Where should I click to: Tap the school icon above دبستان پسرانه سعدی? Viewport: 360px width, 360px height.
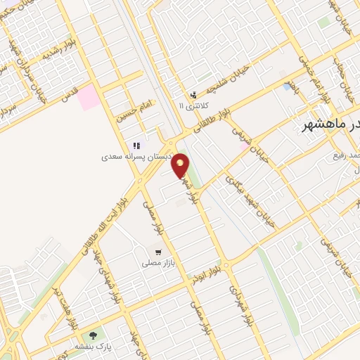(x=136, y=146)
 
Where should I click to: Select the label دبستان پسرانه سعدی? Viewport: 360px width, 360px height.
(x=135, y=157)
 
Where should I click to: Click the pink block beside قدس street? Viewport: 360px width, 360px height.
(x=89, y=97)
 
